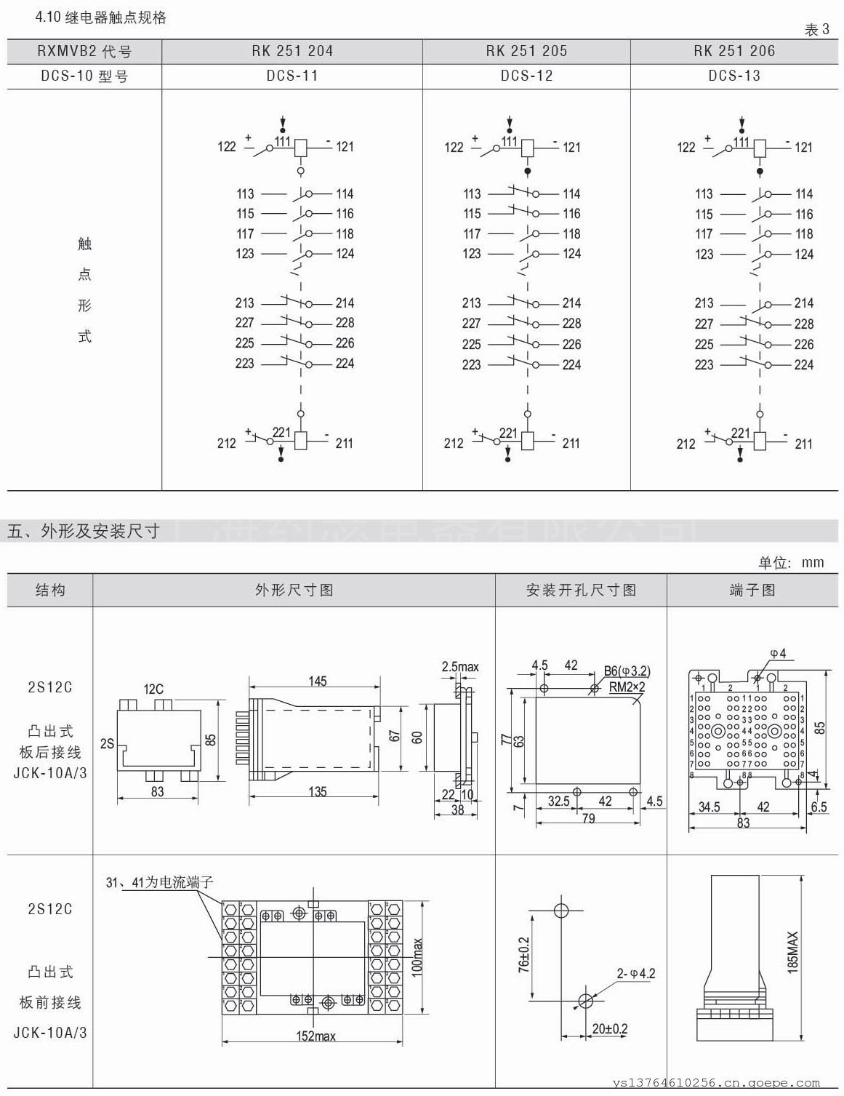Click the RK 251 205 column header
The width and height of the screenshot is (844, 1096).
(526, 51)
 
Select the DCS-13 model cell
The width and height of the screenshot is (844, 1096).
(734, 76)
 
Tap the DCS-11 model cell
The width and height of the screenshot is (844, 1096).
(292, 76)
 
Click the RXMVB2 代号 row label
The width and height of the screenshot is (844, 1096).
(84, 52)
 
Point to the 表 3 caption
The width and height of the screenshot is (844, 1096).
(816, 30)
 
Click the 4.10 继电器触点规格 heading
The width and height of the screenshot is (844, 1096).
(101, 17)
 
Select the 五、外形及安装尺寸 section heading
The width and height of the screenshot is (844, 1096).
(83, 531)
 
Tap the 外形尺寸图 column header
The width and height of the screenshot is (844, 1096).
(294, 590)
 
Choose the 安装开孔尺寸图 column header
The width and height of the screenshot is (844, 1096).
(581, 590)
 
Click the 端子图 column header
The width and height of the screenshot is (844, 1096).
(752, 590)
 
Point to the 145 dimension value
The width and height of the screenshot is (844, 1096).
(318, 681)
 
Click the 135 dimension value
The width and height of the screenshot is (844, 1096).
(318, 791)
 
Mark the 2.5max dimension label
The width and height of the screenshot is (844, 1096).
(460, 666)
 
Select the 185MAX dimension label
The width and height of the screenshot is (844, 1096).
(792, 952)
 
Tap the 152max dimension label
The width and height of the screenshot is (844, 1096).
(316, 1036)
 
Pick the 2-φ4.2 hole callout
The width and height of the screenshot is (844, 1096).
(636, 973)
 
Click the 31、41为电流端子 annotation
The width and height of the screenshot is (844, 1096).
(160, 882)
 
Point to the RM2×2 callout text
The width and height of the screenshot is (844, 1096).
(627, 686)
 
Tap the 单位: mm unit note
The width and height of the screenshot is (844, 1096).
(791, 562)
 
